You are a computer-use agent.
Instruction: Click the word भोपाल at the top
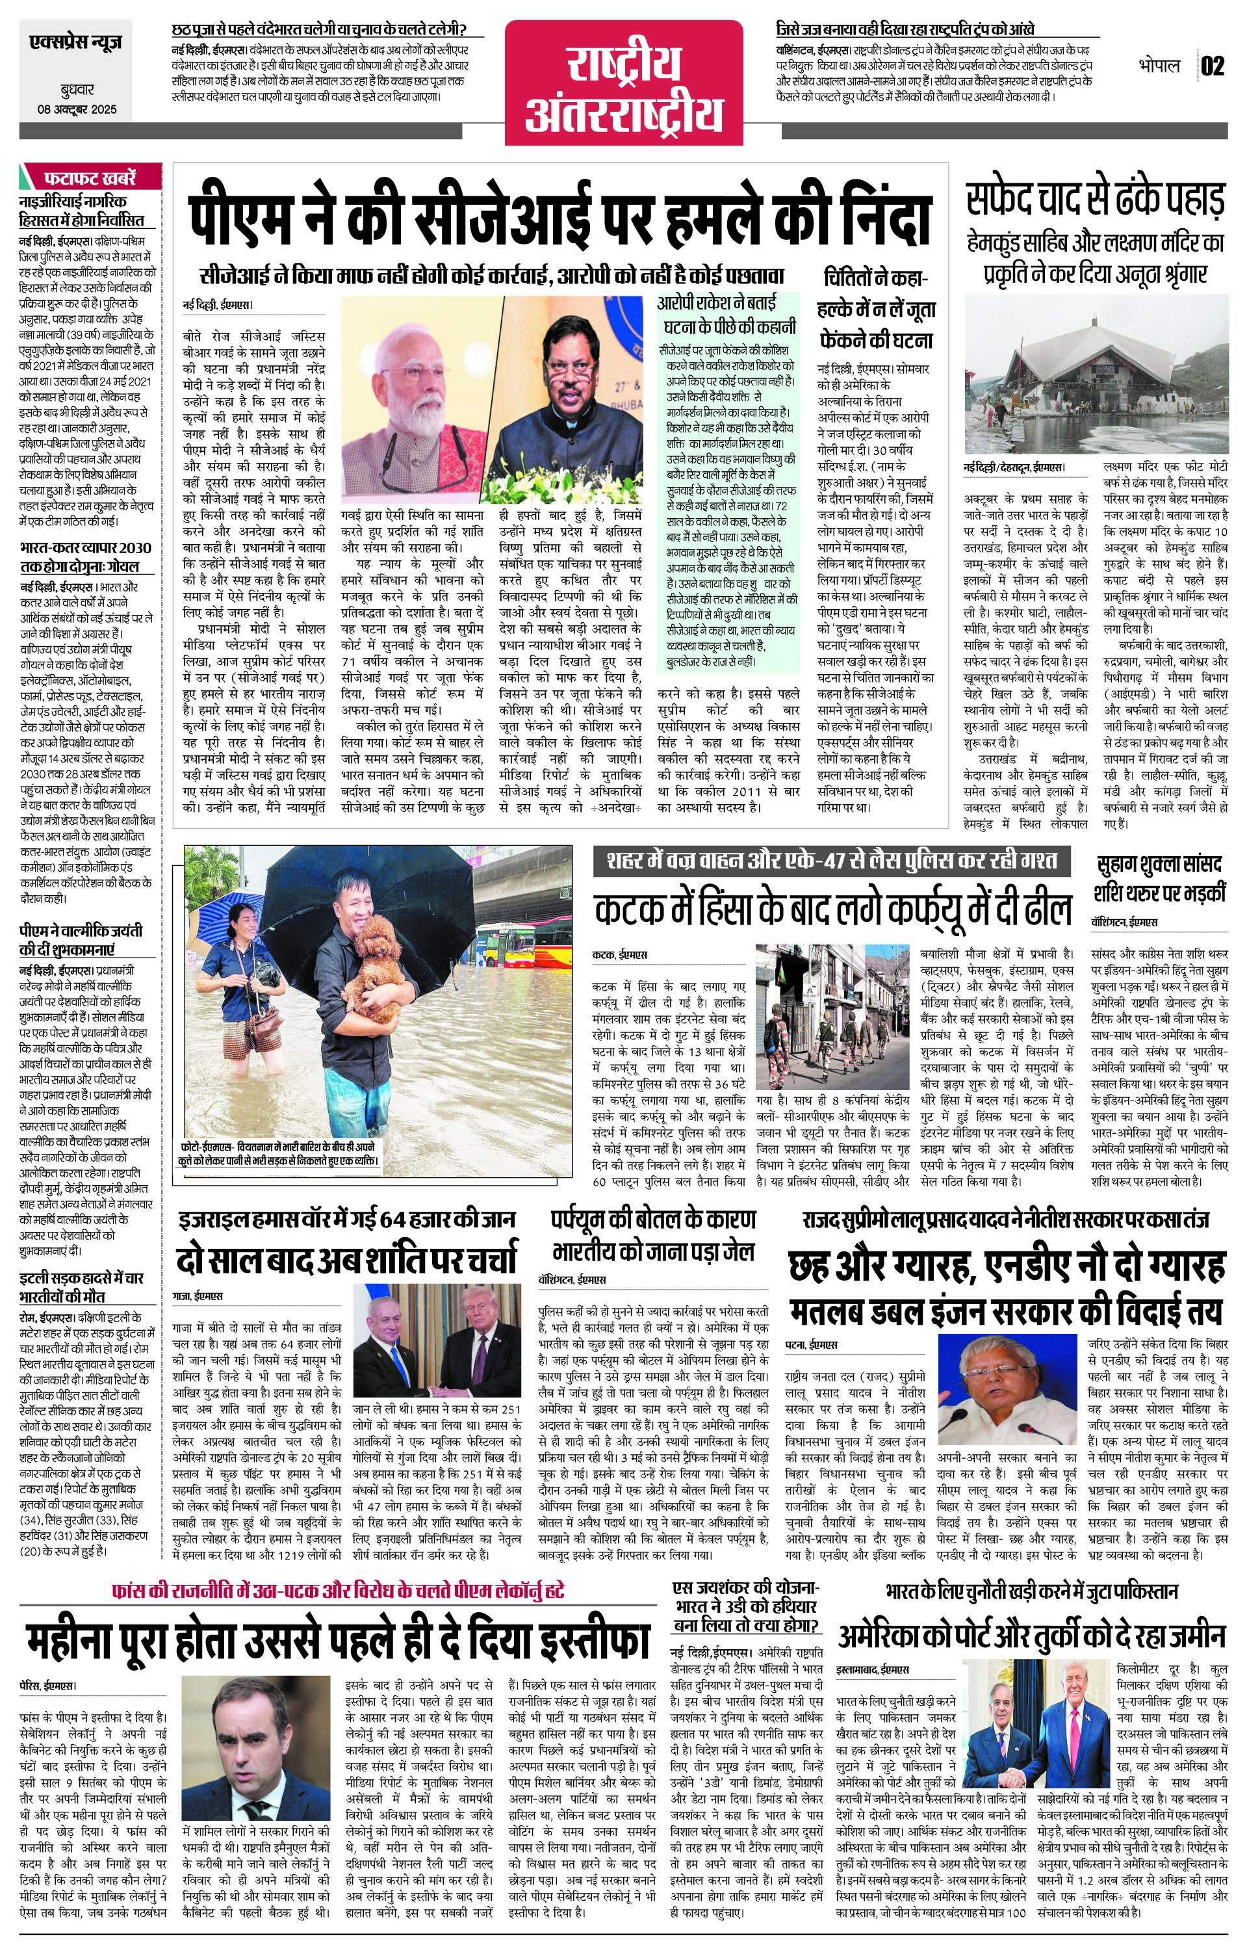click(1159, 66)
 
